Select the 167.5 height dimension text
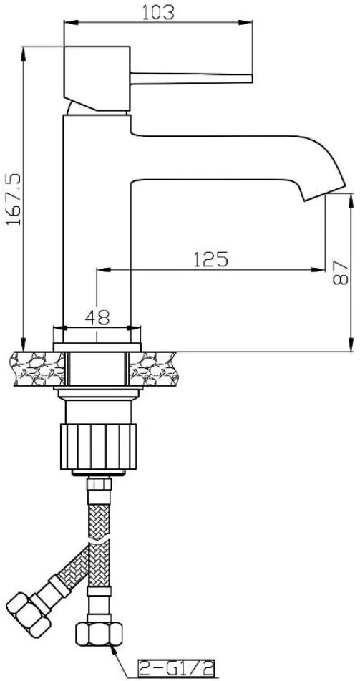click(14, 199)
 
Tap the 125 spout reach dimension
click(210, 259)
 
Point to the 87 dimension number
click(341, 273)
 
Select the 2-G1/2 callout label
click(176, 670)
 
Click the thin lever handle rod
click(192, 79)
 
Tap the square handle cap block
click(97, 78)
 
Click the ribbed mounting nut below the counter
click(98, 446)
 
